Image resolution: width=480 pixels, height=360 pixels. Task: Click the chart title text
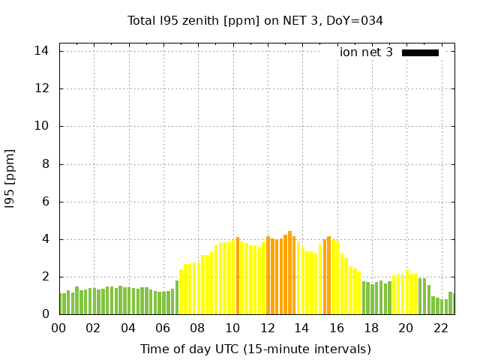[255, 21]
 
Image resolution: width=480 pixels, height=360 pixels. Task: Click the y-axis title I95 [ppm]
[10, 179]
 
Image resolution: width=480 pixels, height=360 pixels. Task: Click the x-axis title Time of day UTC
[255, 349]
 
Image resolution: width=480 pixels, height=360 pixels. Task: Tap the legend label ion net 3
[366, 52]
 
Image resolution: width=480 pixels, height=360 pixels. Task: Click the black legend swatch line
[420, 52]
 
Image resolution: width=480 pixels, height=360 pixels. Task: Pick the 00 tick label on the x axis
[58, 328]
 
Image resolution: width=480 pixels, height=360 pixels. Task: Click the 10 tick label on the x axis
[232, 328]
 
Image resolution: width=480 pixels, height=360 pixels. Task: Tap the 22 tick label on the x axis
[441, 328]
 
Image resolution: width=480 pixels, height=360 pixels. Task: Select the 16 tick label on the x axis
[337, 328]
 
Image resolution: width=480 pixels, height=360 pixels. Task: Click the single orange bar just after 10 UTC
[238, 276]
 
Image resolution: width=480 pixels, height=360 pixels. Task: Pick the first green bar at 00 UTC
[61, 304]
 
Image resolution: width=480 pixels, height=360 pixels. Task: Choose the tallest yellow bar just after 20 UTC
[407, 292]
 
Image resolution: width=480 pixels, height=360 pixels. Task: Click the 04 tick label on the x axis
[128, 328]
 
